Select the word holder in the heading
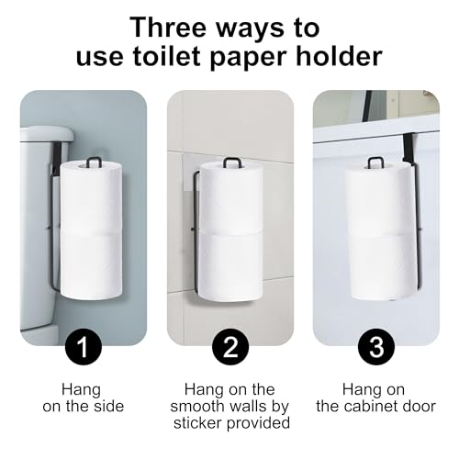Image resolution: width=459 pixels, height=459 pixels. [340, 56]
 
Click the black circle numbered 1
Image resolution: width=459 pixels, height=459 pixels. [84, 346]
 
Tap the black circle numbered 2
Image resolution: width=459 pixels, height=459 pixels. [230, 346]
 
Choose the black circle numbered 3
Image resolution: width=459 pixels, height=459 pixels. [376, 346]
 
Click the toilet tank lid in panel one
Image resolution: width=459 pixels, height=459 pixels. [47, 135]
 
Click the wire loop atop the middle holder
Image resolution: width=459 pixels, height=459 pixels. [230, 162]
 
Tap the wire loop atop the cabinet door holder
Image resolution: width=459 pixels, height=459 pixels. [374, 162]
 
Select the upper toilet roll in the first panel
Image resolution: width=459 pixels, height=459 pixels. [91, 196]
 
